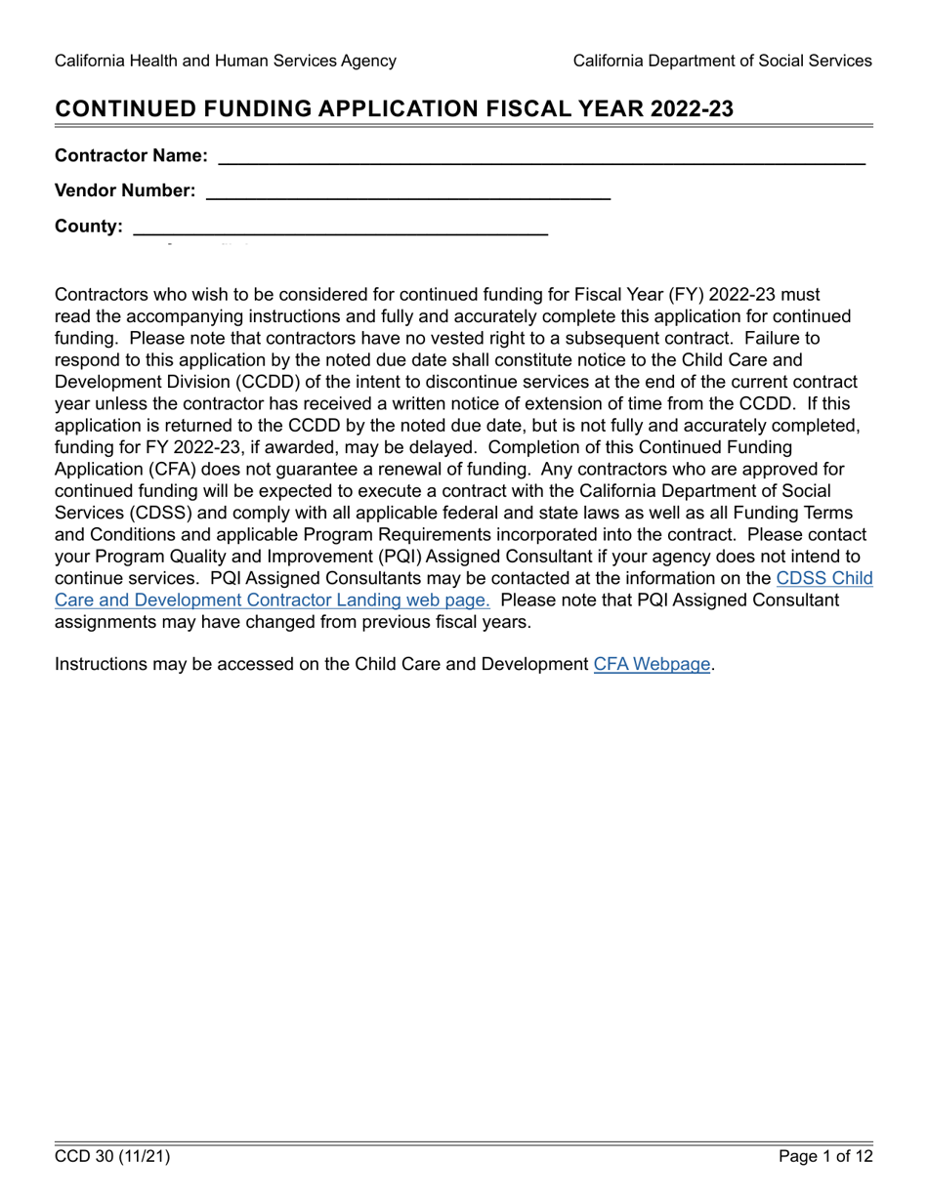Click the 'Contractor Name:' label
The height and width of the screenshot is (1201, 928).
coord(131,156)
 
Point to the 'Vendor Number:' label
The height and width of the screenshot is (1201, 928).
coord(125,191)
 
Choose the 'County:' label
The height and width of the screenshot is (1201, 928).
coord(89,228)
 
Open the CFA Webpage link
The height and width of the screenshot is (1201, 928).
coord(652,665)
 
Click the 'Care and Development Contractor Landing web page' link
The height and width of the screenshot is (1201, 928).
coord(273,600)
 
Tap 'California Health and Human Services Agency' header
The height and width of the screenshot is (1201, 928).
coord(226,61)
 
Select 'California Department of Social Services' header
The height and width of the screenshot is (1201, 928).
coord(722,61)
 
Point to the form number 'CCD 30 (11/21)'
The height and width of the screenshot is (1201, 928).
coord(112,1157)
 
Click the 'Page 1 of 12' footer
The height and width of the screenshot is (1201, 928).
coord(825,1157)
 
